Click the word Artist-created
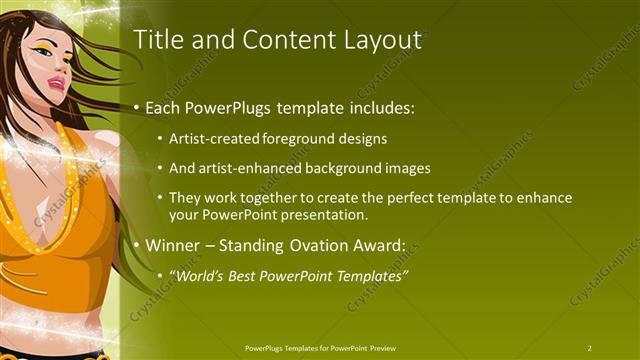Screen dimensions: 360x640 [x=214, y=139]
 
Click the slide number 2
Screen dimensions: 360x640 [x=590, y=348]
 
